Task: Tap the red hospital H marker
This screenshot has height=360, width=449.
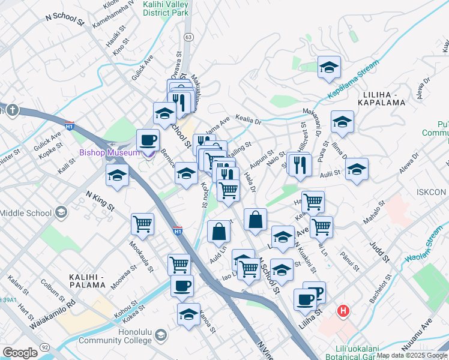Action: click(343, 311)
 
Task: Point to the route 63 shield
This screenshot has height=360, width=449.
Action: click(188, 37)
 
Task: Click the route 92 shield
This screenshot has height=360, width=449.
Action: click(45, 347)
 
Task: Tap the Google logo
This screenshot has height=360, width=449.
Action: click(20, 353)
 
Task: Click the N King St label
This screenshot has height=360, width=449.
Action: click(100, 200)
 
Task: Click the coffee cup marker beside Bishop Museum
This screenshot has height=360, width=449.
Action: click(148, 142)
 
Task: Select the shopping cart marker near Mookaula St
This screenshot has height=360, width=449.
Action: click(143, 224)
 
